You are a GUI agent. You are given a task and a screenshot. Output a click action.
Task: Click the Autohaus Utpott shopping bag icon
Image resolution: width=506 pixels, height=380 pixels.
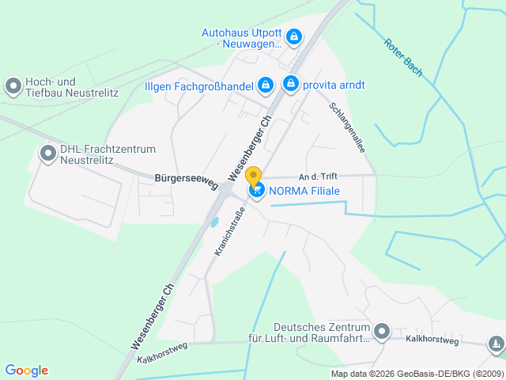click(x=293, y=36)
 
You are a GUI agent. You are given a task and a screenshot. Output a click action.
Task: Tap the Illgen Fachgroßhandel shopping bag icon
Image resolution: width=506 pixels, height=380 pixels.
click(x=266, y=85)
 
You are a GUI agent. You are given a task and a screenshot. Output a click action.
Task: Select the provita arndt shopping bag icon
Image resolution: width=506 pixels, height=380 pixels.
click(x=291, y=83)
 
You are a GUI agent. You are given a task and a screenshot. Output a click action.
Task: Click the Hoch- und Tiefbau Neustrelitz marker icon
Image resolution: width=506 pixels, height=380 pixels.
click(x=13, y=85)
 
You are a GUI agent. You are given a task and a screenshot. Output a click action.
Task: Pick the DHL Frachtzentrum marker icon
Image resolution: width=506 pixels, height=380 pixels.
click(x=47, y=152)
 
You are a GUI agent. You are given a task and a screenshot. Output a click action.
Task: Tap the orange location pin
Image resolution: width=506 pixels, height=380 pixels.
click(x=253, y=177)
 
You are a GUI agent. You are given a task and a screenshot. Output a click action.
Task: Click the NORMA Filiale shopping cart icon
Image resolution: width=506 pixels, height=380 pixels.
click(x=257, y=190)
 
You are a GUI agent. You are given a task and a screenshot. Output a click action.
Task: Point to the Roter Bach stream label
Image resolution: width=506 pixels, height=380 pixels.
click(x=403, y=57)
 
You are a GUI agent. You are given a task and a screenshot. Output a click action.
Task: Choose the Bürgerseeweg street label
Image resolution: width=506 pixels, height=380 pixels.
click(x=186, y=180)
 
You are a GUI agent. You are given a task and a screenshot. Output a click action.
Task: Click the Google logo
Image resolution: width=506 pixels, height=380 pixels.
click(x=26, y=370)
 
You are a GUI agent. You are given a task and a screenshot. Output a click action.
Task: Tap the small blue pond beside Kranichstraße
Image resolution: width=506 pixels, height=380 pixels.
click(x=213, y=222)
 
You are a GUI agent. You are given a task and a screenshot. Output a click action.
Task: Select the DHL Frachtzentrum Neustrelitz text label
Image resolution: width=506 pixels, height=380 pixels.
click(x=108, y=154)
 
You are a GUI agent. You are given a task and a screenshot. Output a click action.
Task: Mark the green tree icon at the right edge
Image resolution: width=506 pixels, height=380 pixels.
click(x=496, y=344)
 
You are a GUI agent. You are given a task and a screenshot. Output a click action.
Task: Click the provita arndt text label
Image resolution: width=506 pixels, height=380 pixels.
click(x=334, y=85)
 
